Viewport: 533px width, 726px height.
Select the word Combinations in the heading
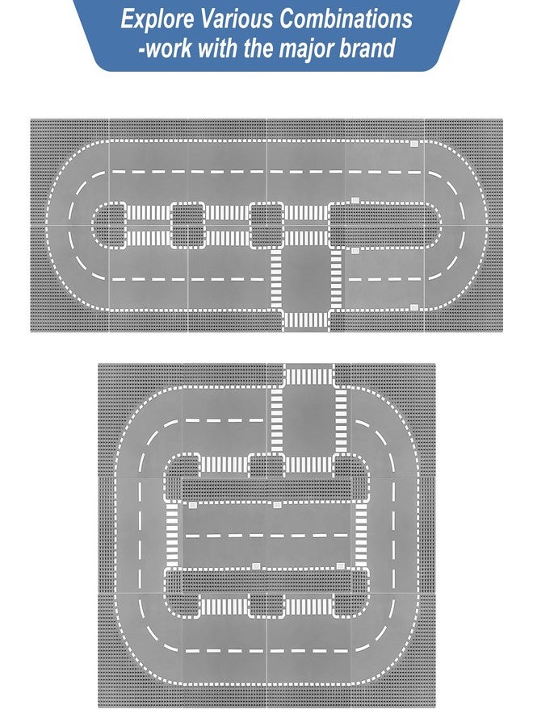(x=346, y=19)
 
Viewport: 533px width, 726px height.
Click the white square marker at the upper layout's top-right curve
(x=414, y=144)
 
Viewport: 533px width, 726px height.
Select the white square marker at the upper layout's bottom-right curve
(x=414, y=307)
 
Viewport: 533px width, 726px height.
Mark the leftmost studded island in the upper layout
(x=109, y=225)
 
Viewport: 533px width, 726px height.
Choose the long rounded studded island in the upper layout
(x=384, y=225)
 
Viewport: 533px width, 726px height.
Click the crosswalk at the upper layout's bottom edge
(x=305, y=320)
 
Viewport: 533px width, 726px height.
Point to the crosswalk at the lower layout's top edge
(x=308, y=375)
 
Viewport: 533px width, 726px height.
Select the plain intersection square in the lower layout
(x=308, y=420)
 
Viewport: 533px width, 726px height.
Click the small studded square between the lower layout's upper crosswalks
(x=266, y=465)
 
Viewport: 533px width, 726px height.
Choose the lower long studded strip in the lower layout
(x=267, y=581)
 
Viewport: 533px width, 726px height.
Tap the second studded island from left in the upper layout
(x=187, y=225)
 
